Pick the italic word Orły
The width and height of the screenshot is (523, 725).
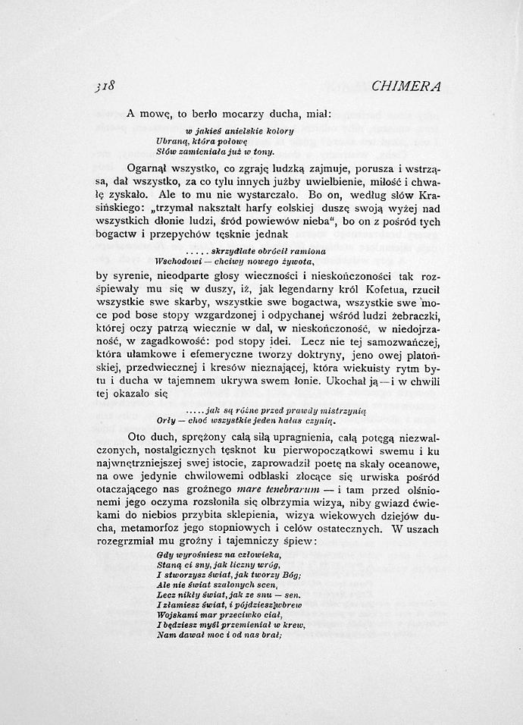pos(166,419)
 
